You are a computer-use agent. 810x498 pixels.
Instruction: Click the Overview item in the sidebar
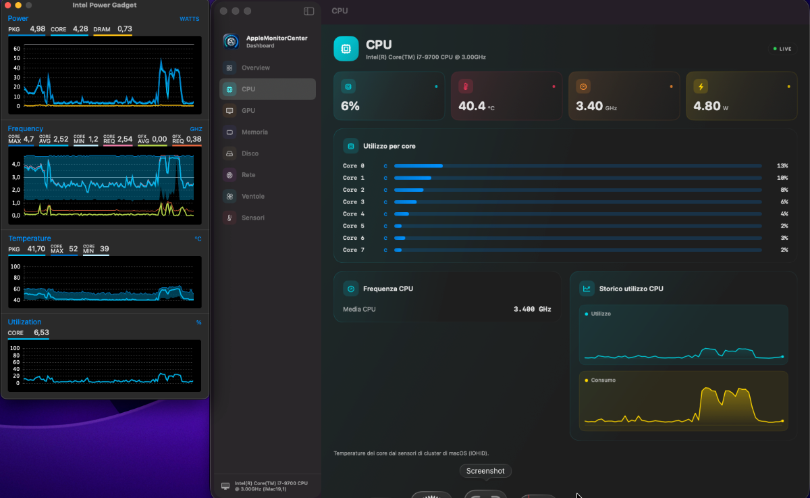pos(256,68)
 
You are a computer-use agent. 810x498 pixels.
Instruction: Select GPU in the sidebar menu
pos(248,110)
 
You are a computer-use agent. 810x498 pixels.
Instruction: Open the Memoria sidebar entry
pos(254,132)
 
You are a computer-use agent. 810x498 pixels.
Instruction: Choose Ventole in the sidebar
pos(252,196)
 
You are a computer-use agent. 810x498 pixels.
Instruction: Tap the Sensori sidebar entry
pos(252,218)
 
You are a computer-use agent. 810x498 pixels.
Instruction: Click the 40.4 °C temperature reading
pos(477,106)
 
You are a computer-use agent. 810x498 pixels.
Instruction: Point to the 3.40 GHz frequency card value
pos(596,106)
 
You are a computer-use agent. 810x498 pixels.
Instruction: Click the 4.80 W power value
pos(711,106)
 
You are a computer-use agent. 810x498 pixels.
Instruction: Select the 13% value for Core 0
pos(782,166)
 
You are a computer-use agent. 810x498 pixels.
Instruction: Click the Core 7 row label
pos(353,250)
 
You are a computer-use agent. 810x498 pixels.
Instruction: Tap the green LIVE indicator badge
pos(782,49)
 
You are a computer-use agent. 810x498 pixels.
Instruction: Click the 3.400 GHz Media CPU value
pos(533,309)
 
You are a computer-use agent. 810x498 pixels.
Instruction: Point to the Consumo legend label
pos(603,380)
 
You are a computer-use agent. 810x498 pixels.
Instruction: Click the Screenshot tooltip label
pos(485,471)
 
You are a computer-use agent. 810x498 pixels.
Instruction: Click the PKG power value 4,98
pos(38,29)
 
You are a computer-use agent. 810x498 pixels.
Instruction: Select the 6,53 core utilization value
pos(41,332)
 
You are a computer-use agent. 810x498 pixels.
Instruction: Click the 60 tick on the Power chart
pos(17,49)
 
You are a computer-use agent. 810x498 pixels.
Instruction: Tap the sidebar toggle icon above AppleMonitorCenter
pos(309,11)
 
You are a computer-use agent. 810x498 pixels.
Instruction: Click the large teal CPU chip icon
pos(346,49)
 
